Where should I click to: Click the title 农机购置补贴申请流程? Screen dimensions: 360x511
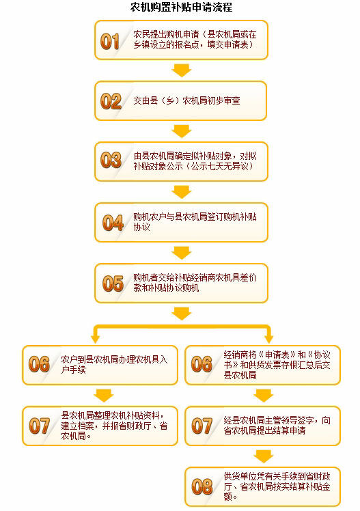[181, 7]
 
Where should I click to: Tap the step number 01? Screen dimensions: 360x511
[110, 42]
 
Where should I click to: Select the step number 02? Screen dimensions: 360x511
[111, 101]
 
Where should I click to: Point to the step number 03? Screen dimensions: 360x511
[111, 160]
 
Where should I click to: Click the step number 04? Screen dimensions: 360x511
[113, 223]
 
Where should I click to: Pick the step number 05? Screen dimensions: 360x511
[113, 284]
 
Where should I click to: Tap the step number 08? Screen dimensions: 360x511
[202, 487]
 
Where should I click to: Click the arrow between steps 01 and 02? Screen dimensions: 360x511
[182, 70]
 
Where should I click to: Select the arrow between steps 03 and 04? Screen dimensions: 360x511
[182, 192]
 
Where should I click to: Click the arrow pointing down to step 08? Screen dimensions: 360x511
[264, 456]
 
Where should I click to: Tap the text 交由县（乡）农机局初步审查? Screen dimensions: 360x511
[186, 100]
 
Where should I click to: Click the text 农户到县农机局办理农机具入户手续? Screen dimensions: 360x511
[114, 364]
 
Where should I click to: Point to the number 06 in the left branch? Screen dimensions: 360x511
[39, 364]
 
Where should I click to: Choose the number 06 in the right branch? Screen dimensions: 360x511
[202, 364]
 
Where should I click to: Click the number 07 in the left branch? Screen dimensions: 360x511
[39, 426]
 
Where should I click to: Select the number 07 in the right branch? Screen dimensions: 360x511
[202, 426]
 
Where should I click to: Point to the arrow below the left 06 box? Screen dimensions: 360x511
[104, 396]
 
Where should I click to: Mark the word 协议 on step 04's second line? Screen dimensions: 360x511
[141, 227]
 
